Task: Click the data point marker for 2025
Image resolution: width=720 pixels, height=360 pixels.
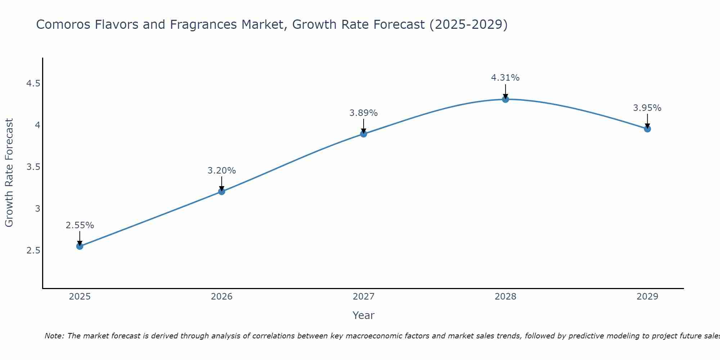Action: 80,246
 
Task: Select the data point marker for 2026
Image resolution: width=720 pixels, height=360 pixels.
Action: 222,192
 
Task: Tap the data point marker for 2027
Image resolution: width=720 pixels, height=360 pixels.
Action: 364,134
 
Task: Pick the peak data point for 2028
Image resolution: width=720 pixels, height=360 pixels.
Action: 505,99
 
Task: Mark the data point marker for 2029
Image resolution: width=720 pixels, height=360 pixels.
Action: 647,129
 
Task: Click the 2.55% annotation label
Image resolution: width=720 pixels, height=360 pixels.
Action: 80,225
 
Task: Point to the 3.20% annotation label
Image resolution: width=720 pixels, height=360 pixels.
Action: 222,171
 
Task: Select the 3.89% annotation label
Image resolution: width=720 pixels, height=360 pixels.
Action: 364,113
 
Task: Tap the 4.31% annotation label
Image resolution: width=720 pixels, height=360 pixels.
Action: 505,78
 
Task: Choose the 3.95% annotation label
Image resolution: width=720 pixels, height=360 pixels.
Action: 647,108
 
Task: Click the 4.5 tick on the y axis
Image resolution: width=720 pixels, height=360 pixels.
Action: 33,84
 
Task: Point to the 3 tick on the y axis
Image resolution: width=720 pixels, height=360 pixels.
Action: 37,209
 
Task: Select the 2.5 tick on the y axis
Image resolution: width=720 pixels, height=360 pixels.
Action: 33,251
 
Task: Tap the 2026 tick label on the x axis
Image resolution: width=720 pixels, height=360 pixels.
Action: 222,297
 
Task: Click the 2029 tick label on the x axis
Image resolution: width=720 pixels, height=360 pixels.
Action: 647,297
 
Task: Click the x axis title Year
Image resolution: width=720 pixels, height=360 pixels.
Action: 364,315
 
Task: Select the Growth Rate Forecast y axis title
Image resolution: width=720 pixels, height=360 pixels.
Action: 9,173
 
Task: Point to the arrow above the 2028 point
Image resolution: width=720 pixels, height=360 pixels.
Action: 505,91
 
